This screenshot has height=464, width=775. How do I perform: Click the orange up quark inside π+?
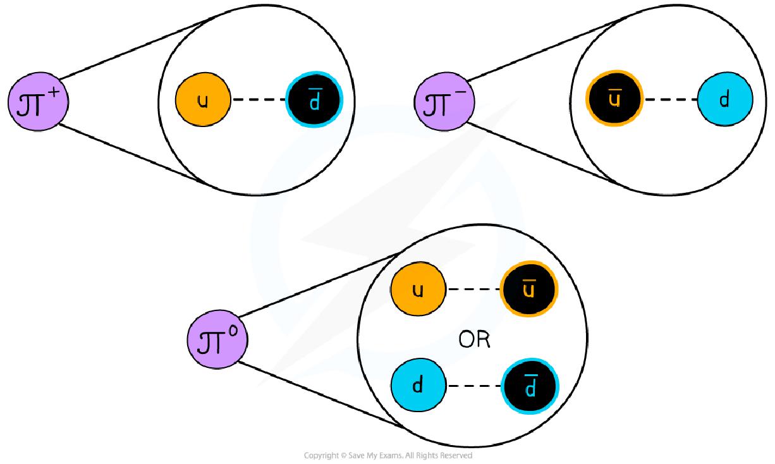click(x=203, y=101)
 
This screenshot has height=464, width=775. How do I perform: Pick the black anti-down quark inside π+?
click(x=314, y=101)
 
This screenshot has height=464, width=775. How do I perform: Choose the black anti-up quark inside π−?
click(x=614, y=101)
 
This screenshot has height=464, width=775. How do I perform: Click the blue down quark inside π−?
click(x=725, y=101)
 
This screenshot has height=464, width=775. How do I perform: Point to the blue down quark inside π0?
click(x=418, y=385)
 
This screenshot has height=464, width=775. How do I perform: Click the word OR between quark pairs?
click(x=474, y=340)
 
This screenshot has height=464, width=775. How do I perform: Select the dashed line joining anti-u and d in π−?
click(x=670, y=101)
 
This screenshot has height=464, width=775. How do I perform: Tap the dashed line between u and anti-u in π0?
click(x=473, y=290)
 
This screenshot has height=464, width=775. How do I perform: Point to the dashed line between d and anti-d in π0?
click(x=473, y=385)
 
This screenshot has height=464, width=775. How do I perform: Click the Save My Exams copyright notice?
click(x=387, y=455)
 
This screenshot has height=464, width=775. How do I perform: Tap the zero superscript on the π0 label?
click(x=233, y=331)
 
